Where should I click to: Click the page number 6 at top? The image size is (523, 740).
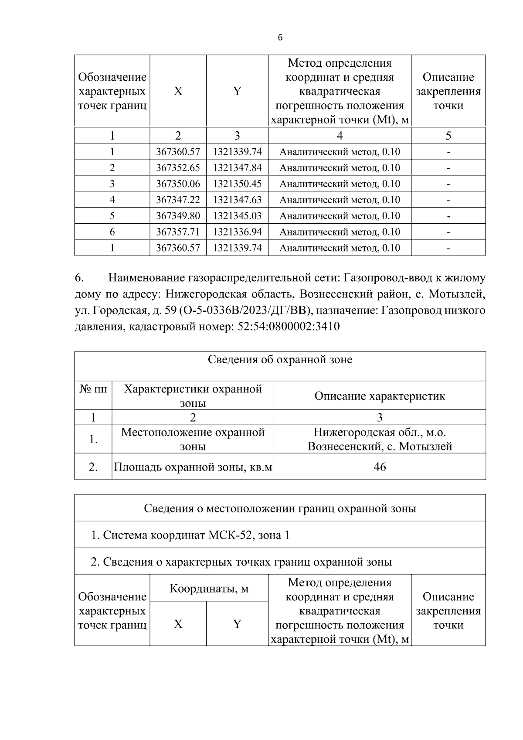coord(280,38)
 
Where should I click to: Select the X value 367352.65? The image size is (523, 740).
coord(178,168)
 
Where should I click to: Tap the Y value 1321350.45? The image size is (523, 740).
coord(237,184)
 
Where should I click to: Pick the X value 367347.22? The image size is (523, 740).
coord(178,200)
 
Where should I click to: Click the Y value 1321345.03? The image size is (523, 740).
coord(237,216)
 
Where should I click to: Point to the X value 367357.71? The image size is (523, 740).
coord(178,232)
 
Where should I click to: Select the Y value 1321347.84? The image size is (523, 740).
coord(237,168)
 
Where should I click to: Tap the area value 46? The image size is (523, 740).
coord(380,467)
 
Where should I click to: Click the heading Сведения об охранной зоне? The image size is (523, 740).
coord(280,360)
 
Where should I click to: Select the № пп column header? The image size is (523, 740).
coord(93,389)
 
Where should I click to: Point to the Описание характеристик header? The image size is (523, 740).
coord(380,396)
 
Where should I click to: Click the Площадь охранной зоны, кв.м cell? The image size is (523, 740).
coord(193,467)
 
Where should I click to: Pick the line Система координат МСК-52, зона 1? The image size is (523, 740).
coord(190,535)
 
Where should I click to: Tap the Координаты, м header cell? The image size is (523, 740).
coord(209,589)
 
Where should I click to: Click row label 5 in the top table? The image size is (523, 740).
coord(112,216)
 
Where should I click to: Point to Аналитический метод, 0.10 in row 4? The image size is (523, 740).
coord(340,200)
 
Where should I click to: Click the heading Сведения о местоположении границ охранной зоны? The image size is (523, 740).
coord(280,508)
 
